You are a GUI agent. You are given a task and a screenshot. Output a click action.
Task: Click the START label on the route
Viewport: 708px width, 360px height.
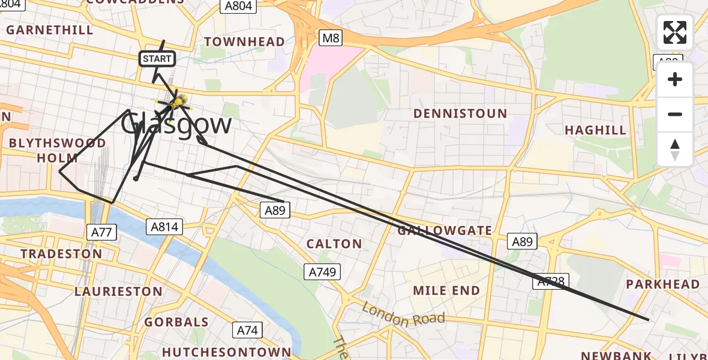(157, 59)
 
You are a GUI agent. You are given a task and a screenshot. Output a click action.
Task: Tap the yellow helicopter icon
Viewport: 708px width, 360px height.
(179, 101)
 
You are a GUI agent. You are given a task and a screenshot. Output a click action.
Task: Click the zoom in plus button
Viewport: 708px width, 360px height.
(675, 79)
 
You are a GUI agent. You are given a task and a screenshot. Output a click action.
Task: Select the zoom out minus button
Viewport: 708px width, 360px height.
(675, 114)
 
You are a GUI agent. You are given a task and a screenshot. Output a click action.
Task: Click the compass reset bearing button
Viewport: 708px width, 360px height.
(675, 149)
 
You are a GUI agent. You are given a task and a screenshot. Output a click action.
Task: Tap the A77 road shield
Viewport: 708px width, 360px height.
(101, 232)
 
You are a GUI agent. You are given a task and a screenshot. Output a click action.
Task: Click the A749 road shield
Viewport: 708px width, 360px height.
(322, 272)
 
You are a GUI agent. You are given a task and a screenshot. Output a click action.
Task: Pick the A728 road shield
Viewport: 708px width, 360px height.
(549, 281)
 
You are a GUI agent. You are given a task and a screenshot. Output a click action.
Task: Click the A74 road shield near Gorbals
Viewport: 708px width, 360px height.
(247, 330)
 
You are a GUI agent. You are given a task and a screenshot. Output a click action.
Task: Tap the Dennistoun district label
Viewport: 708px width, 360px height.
(460, 113)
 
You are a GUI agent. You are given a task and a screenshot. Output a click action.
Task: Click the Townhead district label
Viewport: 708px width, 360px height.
(244, 41)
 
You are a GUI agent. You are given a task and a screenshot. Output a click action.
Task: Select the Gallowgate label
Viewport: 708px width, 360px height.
(445, 230)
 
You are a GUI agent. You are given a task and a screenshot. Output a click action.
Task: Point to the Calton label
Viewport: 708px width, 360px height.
(334, 244)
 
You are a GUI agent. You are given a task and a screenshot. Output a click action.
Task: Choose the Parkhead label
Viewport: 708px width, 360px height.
(662, 284)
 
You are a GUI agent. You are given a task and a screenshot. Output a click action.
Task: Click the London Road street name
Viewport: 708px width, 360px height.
(403, 314)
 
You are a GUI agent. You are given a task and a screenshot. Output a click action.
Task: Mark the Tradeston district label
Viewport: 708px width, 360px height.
(61, 254)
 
